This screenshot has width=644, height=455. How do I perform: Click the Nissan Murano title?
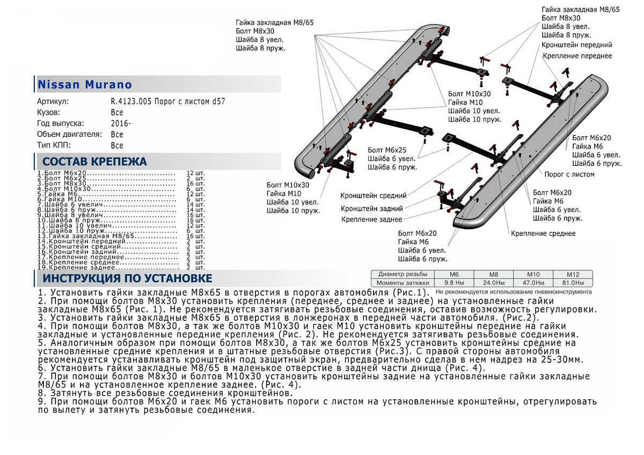pos(84,84)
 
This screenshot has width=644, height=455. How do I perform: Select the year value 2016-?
pos(121,123)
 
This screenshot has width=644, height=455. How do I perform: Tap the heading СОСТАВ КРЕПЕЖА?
pos(94,162)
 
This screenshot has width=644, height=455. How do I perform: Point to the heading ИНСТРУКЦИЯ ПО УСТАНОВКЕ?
pos(127,278)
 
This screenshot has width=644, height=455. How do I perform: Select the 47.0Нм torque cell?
pos(530,282)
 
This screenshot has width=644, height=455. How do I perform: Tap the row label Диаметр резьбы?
pos(400,274)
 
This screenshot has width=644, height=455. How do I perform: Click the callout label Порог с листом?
pos(569,174)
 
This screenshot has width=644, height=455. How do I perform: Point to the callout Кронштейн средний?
pos(373,196)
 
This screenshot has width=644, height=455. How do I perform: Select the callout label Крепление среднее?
pos(543,233)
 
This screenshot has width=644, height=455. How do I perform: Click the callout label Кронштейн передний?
pos(577,45)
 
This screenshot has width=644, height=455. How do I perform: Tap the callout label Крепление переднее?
pos(577,56)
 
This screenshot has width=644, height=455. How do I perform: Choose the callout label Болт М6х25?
pos(387,150)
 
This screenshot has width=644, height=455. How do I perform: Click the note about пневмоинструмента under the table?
pos(514,292)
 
